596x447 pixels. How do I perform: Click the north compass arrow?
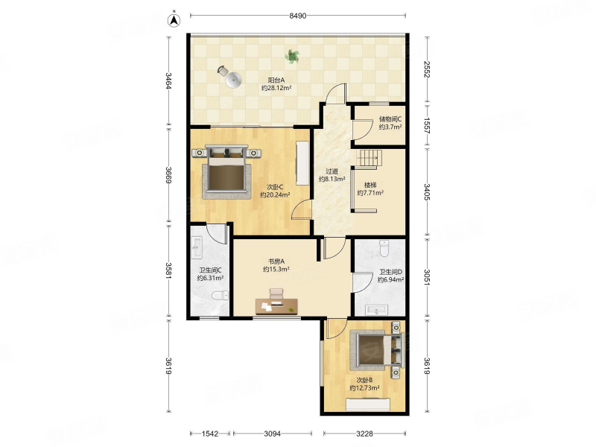(174, 20)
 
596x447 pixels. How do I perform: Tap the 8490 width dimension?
(297, 16)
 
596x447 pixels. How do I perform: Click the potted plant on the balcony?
(292, 57)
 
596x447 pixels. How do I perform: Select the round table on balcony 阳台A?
(233, 80)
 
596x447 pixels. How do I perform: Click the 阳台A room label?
(276, 80)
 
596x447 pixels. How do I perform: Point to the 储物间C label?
(390, 119)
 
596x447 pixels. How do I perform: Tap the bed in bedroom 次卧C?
(227, 172)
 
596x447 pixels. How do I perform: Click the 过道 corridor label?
(332, 171)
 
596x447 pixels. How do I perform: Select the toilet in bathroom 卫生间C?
(220, 295)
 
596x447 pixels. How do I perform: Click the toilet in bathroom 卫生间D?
(384, 249)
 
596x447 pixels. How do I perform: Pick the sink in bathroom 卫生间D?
(377, 310)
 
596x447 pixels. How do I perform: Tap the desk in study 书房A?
(276, 306)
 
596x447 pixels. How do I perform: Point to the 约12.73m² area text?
(364, 388)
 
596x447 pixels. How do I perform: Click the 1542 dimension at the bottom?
(210, 434)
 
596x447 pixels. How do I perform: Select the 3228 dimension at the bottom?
(364, 434)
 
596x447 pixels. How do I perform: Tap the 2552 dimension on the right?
(427, 69)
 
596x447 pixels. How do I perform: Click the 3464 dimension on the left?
(168, 81)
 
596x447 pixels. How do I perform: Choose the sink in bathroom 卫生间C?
(197, 247)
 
